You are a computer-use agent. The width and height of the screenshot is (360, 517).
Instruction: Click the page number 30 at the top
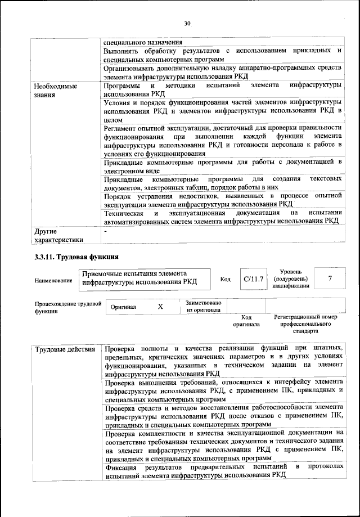pos(187,23)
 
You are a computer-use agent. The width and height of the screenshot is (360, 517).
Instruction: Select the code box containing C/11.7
pos(250,279)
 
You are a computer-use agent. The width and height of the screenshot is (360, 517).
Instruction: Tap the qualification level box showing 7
pos(330,278)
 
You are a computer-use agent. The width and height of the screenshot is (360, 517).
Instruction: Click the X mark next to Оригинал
pos(160,307)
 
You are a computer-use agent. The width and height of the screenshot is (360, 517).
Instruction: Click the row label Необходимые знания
pos(55,91)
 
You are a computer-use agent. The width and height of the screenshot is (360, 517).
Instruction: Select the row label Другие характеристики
pos(58,235)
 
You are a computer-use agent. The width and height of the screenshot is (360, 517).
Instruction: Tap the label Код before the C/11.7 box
pos(225,280)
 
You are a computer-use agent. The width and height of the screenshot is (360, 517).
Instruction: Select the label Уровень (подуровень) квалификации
pos(291,278)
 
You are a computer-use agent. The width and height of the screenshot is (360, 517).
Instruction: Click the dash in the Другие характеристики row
pos(105,231)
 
